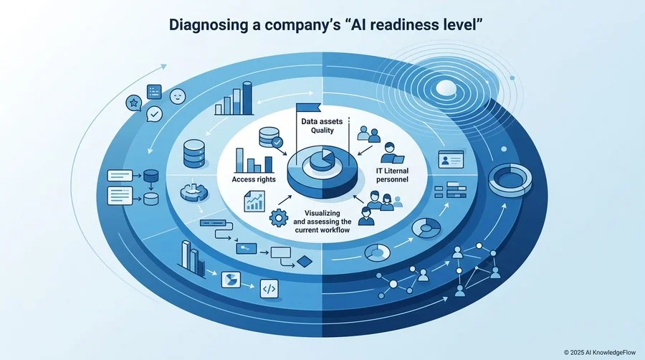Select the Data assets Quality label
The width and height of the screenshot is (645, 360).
point(322,126)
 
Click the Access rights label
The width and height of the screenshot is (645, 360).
point(254,179)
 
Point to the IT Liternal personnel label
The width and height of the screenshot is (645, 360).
point(392,175)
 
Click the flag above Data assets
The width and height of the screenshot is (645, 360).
point(307,108)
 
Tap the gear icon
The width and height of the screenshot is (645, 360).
point(279,217)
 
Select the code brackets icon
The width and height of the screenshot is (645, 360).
point(269,289)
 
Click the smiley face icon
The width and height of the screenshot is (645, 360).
point(178,97)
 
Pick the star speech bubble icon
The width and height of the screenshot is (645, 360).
point(134,103)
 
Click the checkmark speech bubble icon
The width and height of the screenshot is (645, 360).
point(154,114)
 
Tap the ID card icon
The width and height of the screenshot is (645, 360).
point(451,159)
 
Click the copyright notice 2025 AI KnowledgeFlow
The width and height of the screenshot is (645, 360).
point(600,352)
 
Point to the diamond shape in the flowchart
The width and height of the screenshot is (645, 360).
point(305,262)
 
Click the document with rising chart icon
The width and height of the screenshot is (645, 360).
point(254,202)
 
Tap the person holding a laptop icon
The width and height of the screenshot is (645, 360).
point(391,153)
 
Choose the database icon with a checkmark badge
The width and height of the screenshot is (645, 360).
point(270,138)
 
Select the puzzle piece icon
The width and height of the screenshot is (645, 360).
point(193,192)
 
